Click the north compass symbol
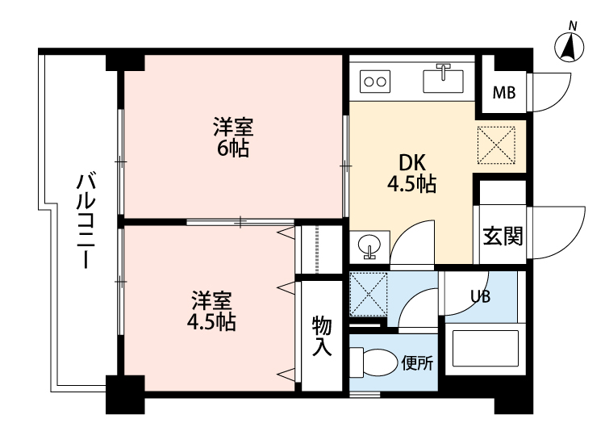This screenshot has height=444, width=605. (x=570, y=47)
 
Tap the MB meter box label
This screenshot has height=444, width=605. (x=504, y=93)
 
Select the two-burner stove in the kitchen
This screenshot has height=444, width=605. (x=375, y=82)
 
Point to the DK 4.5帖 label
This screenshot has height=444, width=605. (x=412, y=173)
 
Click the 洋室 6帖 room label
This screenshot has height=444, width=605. (x=233, y=137)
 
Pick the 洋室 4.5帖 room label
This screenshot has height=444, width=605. (x=211, y=311)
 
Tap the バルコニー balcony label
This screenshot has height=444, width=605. (x=86, y=221)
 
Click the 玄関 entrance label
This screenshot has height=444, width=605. (x=503, y=236)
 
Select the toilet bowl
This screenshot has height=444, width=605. (x=374, y=362)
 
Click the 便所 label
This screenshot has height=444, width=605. (x=418, y=363)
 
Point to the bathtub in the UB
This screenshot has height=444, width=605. (x=486, y=348)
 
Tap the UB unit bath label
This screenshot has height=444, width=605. (x=481, y=296)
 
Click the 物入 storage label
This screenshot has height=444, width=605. (x=322, y=335)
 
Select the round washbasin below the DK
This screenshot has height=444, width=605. (x=369, y=245)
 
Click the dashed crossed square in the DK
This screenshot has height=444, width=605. (x=496, y=145)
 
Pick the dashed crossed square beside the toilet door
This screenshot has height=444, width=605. (x=368, y=294)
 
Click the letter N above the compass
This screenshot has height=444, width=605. (x=573, y=27)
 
